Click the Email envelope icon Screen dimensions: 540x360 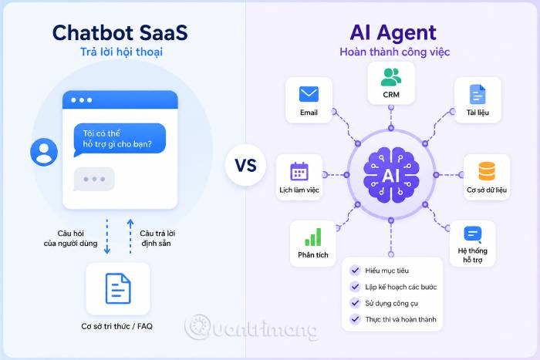(x=309, y=94)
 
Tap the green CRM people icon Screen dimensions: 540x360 (x=391, y=77)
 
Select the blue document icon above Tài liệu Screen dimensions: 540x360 (x=478, y=94)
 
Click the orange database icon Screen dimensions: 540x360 (x=487, y=171)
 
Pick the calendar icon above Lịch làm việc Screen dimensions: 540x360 (x=299, y=171)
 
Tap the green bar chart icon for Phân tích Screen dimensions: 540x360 (x=313, y=237)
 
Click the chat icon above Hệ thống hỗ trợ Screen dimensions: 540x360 (x=473, y=234)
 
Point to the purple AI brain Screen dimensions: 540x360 (x=391, y=175)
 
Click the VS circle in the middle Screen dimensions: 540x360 (x=245, y=165)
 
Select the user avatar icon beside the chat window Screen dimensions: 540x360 (x=44, y=152)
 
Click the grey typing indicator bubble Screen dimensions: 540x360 (x=94, y=179)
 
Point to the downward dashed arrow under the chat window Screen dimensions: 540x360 (x=107, y=237)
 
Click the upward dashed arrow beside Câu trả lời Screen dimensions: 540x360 (x=130, y=237)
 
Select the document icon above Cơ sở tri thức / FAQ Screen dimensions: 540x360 (x=118, y=288)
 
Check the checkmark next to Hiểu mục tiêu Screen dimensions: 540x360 (x=355, y=270)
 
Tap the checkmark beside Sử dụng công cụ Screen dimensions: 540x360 (x=355, y=303)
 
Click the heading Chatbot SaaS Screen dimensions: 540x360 (x=120, y=32)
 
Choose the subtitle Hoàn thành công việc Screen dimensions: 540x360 (x=395, y=52)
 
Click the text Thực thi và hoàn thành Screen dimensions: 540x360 (x=400, y=319)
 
